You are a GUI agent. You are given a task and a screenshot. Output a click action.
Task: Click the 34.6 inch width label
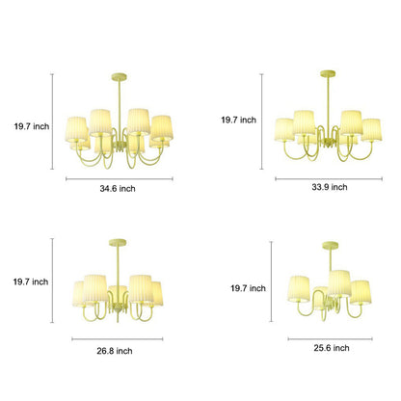pos(118,189)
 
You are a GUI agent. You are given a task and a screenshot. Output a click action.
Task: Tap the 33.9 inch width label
pos(330,187)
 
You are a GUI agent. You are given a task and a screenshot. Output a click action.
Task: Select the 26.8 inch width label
pos(115,351)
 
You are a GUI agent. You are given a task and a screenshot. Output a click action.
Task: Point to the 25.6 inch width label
pos(332,348)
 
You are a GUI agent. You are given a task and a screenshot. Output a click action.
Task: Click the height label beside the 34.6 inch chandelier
pos(32,126)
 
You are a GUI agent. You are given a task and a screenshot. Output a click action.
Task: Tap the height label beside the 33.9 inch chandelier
pos(238,120)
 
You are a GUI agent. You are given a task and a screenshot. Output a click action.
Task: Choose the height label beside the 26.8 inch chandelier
pos(31,281)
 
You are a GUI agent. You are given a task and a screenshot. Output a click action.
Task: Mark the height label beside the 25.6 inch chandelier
pos(248,288)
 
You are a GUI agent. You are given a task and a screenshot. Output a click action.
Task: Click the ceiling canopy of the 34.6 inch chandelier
pos(120,77)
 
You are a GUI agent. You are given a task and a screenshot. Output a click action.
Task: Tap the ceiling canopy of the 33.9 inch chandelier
pos(328,74)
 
